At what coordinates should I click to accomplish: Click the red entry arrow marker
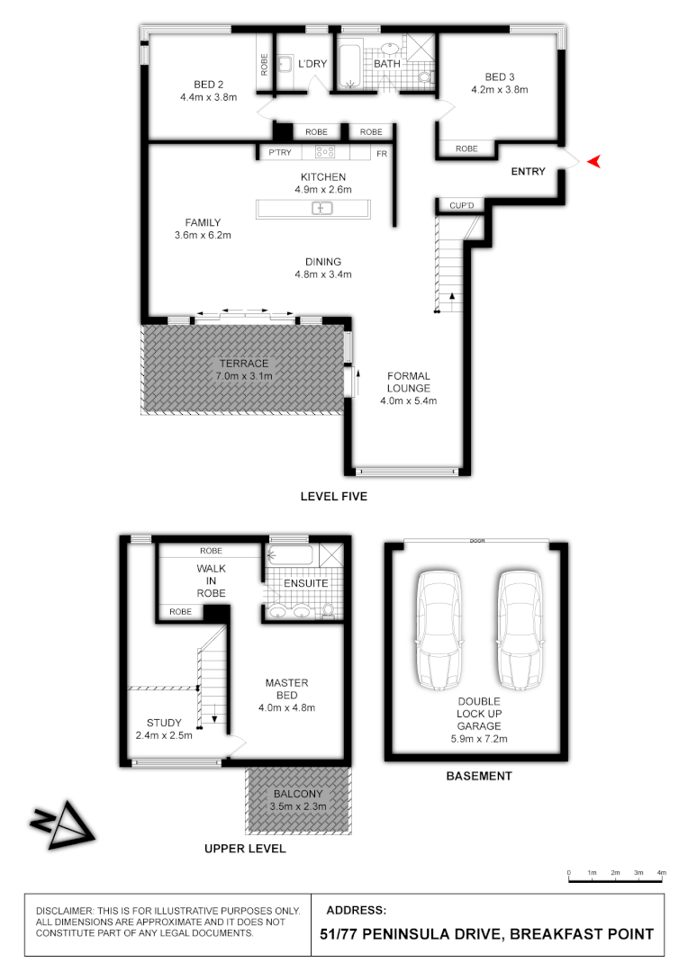point(593,161)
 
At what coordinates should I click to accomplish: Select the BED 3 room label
point(499,76)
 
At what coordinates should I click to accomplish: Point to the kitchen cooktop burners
point(325,153)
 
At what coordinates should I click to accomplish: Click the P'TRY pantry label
point(280,154)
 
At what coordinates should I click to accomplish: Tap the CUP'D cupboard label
point(461,206)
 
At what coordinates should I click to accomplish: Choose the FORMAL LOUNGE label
point(409,382)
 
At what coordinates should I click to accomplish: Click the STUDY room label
point(164,723)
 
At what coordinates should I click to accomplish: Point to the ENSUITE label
point(305,584)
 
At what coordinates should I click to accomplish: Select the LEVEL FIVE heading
point(334,496)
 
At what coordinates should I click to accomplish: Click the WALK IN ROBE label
point(212,580)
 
